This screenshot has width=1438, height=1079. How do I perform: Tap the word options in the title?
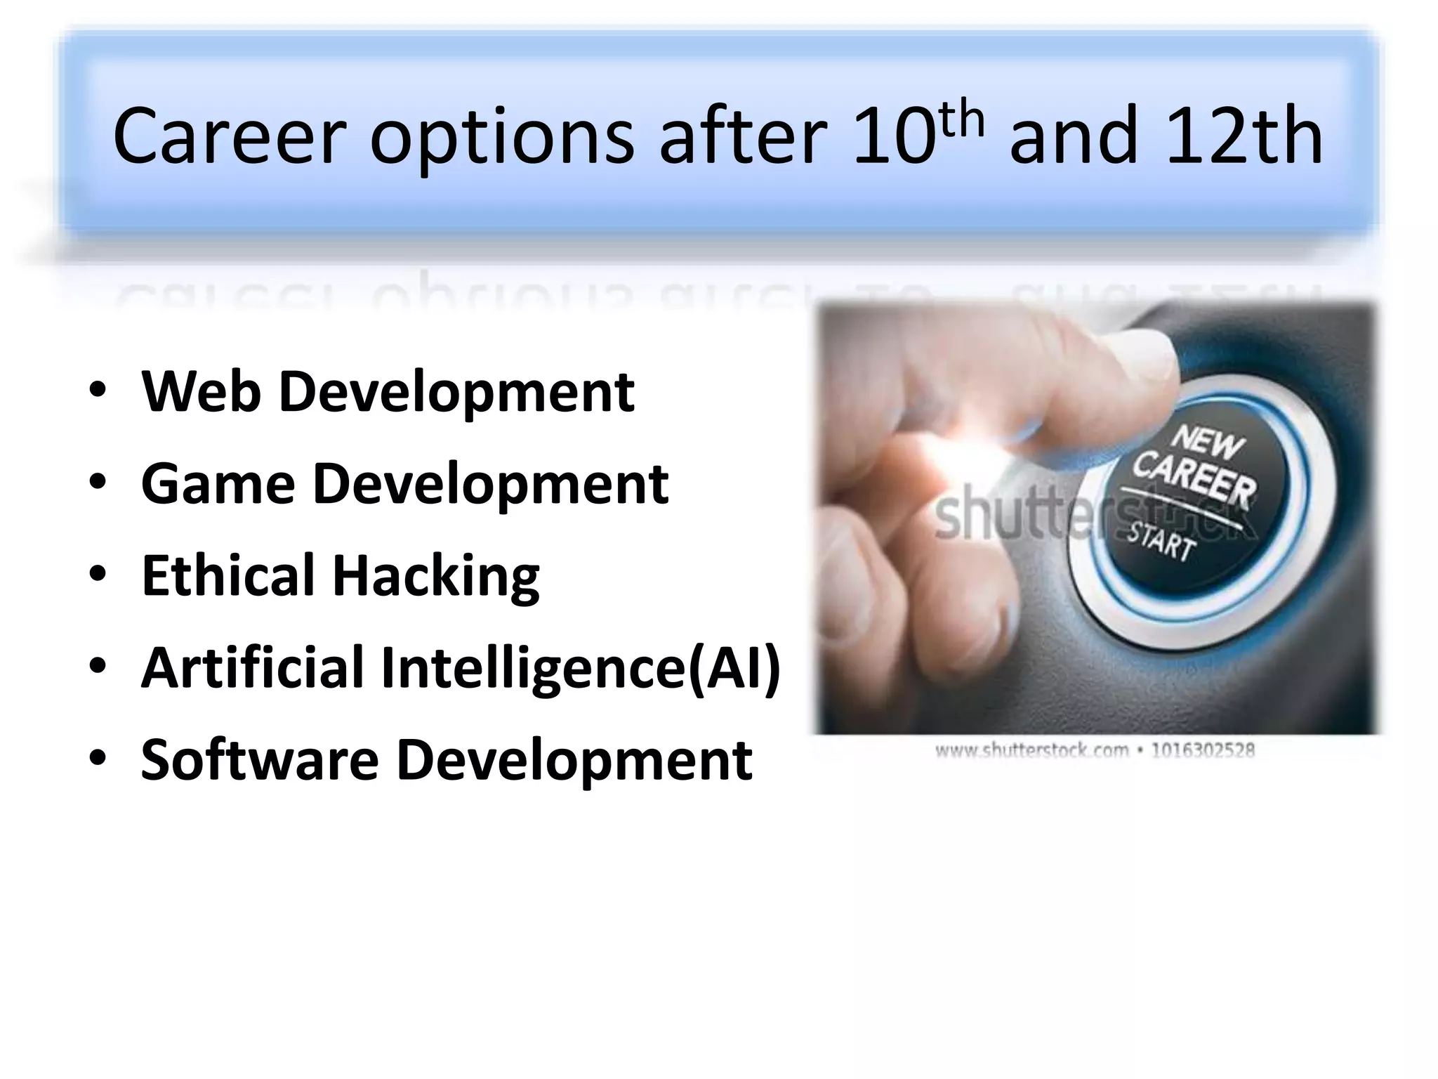[501, 138]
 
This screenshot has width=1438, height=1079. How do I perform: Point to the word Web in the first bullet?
[201, 391]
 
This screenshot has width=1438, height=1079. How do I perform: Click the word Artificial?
[253, 667]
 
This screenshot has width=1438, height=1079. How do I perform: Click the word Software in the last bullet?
[260, 759]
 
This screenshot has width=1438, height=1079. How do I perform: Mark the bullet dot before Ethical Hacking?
[98, 575]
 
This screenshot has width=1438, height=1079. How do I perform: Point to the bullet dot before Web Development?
[98, 391]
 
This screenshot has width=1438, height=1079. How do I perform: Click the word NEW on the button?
[1207, 443]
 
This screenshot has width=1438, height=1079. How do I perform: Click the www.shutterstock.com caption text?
[1031, 750]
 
